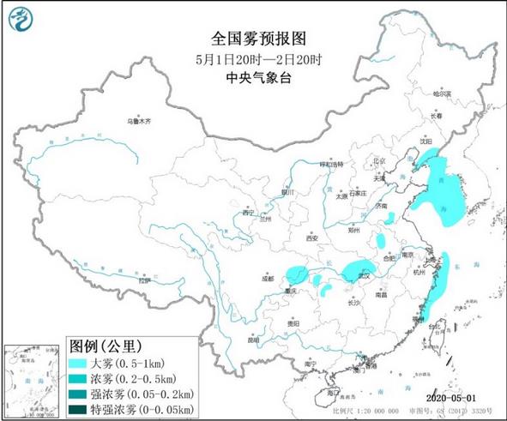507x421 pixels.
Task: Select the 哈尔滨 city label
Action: pyautogui.click(x=441, y=93)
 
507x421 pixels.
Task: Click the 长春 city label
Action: pyautogui.click(x=437, y=116)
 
